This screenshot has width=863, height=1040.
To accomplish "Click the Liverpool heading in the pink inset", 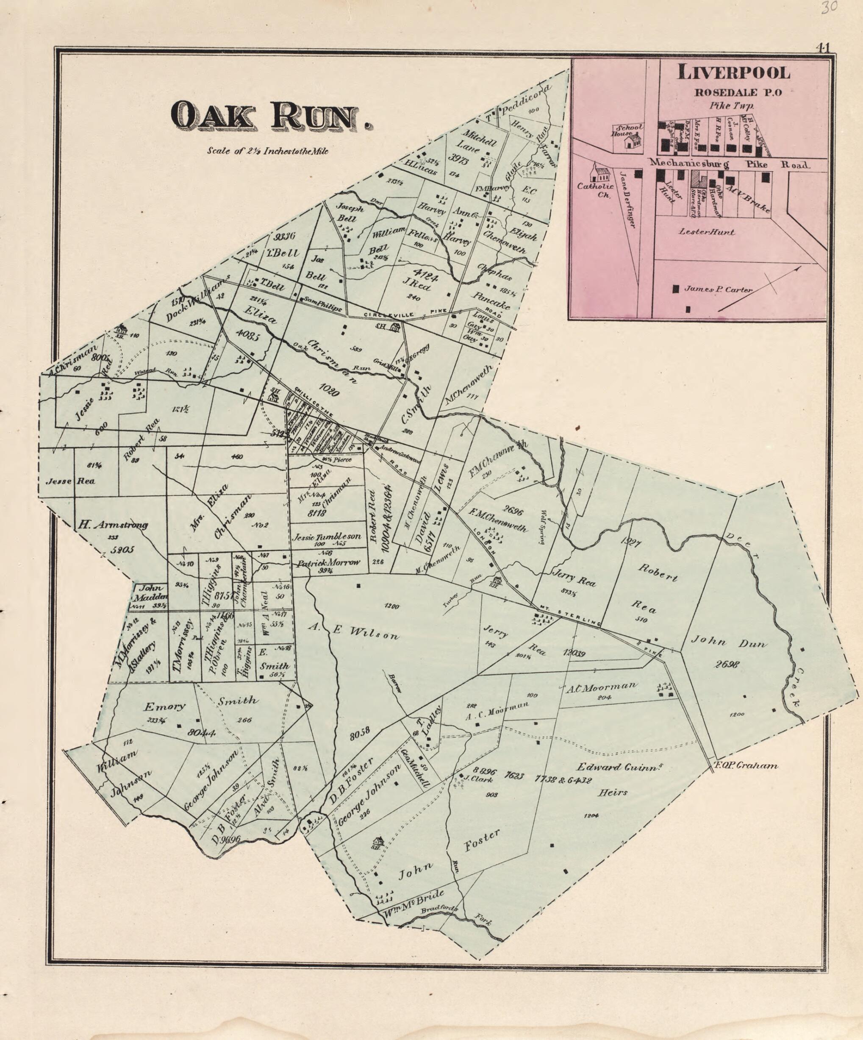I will [x=733, y=73].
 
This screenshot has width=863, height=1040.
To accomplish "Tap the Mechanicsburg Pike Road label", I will [x=728, y=164].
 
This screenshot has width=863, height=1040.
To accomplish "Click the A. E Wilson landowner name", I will [x=354, y=631].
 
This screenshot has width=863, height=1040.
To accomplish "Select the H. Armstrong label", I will [x=112, y=525].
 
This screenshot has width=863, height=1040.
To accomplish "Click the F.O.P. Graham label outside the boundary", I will [x=746, y=766].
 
